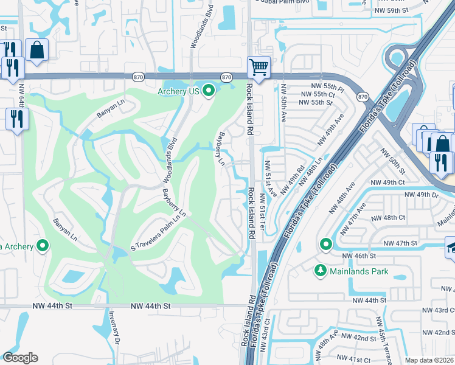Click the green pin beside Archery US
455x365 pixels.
(209, 91)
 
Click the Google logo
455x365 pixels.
(20, 358)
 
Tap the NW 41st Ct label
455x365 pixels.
(355, 361)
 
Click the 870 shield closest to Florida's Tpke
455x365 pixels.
(363, 97)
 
